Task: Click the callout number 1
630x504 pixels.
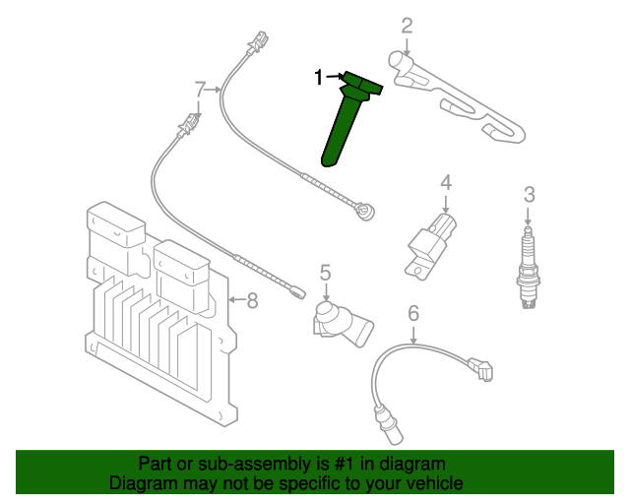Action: [318, 77]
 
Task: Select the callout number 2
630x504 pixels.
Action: [407, 26]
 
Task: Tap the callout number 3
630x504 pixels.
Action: [529, 195]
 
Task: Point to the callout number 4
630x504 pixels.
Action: [445, 182]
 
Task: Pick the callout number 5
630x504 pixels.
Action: [325, 272]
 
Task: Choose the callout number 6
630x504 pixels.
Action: [413, 314]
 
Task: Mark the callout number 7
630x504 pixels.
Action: [200, 91]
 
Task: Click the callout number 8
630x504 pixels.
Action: [252, 300]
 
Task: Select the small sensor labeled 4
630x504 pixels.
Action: [432, 242]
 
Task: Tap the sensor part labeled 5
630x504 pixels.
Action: [340, 320]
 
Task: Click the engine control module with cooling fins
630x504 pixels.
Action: [157, 315]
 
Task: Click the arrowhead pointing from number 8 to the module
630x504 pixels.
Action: [232, 299]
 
